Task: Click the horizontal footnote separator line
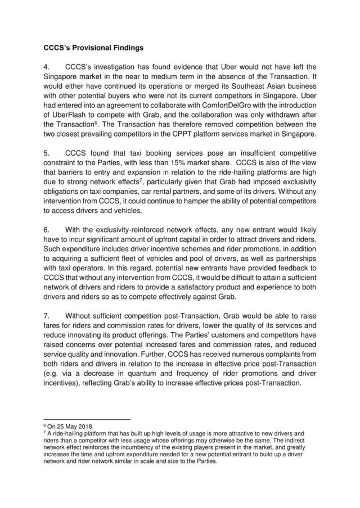86,419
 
